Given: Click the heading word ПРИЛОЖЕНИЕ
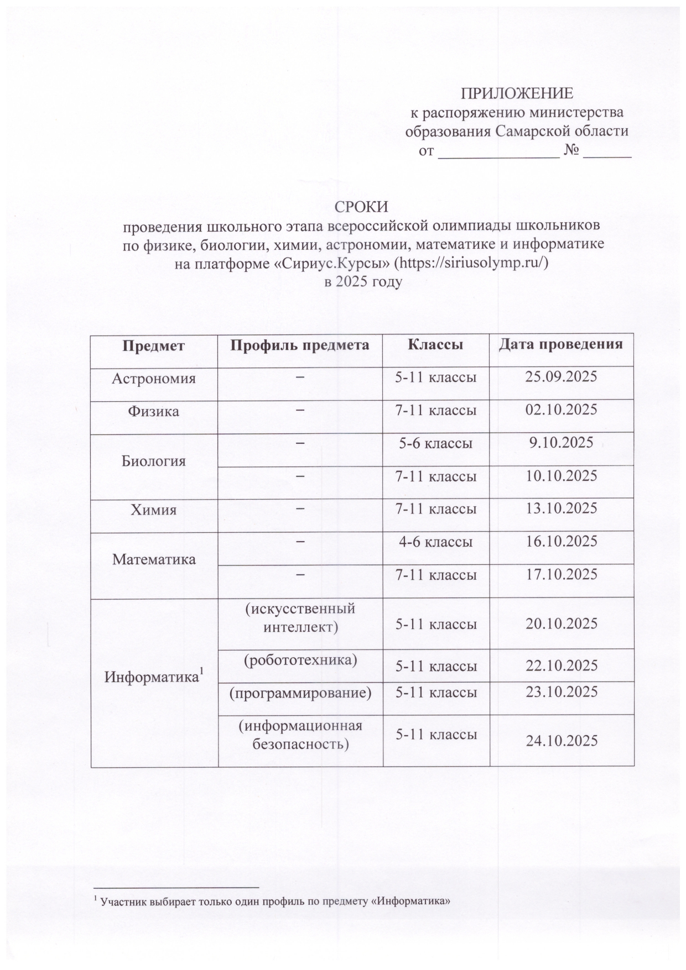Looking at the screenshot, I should point(517,93).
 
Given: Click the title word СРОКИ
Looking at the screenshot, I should point(362,207).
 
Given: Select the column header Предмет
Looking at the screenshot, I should point(153,345).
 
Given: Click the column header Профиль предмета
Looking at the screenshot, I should point(299,345).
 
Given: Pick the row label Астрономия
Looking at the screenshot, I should point(154,379).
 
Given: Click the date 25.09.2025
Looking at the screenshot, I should point(561,377).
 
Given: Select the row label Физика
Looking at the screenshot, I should point(153,411).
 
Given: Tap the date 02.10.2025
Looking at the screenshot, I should point(561,410).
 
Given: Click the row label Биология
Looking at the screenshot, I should point(153,460).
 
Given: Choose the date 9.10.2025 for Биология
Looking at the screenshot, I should point(561,443).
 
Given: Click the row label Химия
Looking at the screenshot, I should point(153,510).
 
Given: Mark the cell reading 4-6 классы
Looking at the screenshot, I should point(436,542).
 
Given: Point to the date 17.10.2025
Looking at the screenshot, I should point(561,574).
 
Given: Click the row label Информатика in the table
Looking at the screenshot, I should point(153,677).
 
